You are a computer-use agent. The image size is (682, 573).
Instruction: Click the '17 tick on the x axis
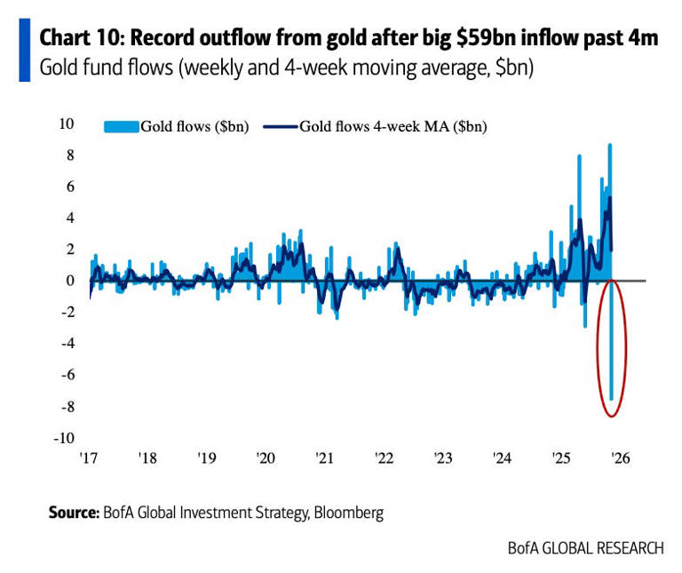pyautogui.click(x=87, y=458)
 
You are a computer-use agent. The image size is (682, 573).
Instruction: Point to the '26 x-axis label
pyautogui.click(x=620, y=458)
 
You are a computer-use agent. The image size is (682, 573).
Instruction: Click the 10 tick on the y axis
pyautogui.click(x=66, y=123)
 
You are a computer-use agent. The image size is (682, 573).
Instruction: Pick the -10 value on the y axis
pyautogui.click(x=64, y=438)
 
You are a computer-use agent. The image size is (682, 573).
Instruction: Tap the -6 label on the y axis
pyautogui.click(x=66, y=375)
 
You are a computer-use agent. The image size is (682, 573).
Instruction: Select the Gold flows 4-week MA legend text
pyautogui.click(x=393, y=126)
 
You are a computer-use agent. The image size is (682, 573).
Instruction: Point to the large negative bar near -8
pyautogui.click(x=612, y=355)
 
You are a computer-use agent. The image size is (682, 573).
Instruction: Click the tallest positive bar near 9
pyautogui.click(x=609, y=178)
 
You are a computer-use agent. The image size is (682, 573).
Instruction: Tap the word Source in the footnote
pyautogui.click(x=72, y=513)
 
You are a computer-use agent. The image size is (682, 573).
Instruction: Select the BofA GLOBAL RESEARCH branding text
pyautogui.click(x=585, y=548)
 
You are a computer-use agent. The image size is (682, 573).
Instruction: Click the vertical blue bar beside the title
pyautogui.click(x=24, y=53)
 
